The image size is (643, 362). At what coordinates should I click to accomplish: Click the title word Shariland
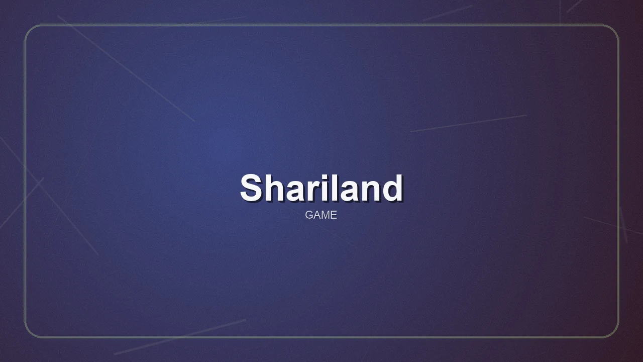321,188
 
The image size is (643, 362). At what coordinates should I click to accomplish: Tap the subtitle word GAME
321,215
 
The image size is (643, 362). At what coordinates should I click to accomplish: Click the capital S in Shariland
253,188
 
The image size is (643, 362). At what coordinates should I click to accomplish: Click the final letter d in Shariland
393,188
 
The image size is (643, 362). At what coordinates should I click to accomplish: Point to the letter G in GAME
309,215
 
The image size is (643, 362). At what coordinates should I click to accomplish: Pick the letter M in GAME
326,215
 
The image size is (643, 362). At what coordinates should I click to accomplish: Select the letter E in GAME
334,215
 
